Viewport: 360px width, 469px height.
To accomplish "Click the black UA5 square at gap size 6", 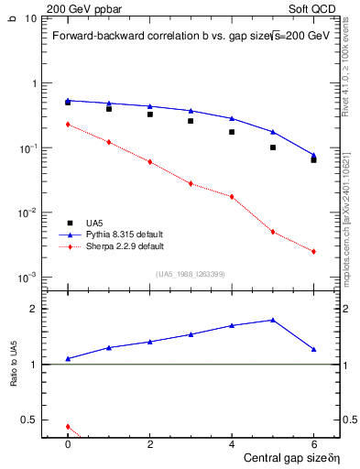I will (313, 160).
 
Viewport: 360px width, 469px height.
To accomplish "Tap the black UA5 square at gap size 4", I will (232, 132).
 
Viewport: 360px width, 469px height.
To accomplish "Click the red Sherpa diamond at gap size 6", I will (313, 252).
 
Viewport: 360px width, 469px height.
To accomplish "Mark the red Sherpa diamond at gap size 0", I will (68, 125).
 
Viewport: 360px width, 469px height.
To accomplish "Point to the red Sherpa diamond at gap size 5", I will (273, 232).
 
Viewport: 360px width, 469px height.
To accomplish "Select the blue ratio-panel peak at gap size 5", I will (273, 320).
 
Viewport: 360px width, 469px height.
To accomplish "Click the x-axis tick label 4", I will (232, 445).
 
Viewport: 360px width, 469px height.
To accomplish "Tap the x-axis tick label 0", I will (68, 445).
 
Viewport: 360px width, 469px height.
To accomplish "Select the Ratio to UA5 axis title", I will (14, 365).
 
